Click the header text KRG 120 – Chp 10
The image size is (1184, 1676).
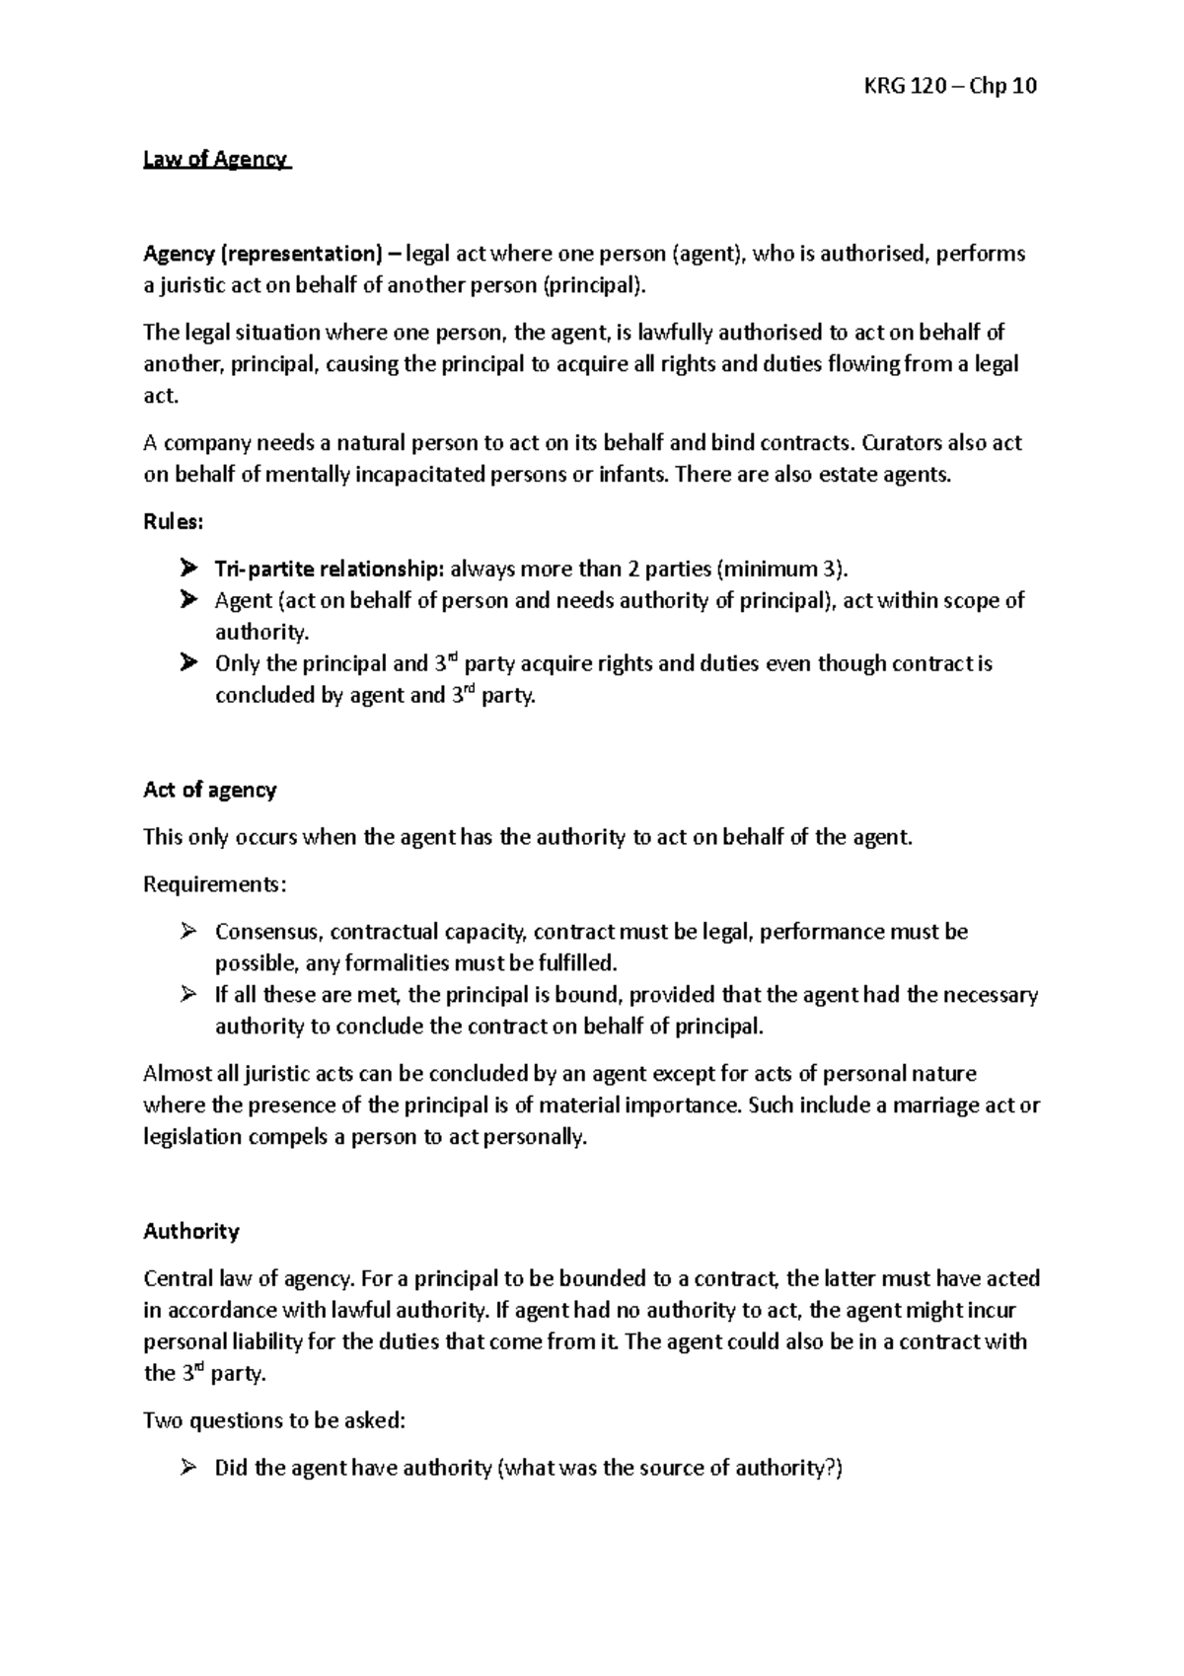(950, 86)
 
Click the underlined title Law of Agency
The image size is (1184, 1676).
(216, 159)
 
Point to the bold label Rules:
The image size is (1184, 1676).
(174, 522)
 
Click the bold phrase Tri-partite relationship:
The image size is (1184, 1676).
(331, 570)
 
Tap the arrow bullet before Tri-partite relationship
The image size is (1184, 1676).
(187, 570)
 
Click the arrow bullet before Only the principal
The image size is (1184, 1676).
(187, 664)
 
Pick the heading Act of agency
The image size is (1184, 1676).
(210, 790)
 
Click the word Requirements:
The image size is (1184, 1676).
(215, 884)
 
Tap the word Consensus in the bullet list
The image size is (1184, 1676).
(267, 932)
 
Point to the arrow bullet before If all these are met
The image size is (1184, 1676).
(187, 995)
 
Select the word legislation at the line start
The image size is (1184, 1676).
(192, 1137)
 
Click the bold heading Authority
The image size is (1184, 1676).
(191, 1231)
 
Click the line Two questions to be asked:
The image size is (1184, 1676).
(274, 1421)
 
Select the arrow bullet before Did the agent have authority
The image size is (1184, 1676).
(187, 1469)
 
